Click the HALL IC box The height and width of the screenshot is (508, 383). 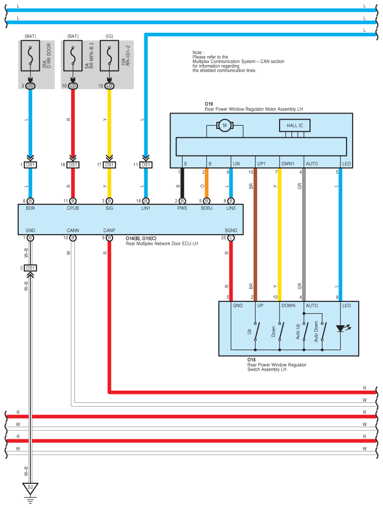pos(295,125)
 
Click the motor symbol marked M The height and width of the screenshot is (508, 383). pos(224,125)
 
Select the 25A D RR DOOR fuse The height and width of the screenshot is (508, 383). pos(30,56)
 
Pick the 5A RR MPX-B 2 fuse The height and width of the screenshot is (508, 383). pos(73,56)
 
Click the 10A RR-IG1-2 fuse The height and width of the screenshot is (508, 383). pos(110,56)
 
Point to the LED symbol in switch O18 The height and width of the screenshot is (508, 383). pos(340,329)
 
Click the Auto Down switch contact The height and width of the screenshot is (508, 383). pos(322,331)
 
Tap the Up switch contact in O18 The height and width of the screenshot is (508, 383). pos(256,331)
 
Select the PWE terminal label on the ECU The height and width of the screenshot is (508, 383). pos(182,208)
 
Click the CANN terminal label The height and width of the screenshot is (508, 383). pos(73,230)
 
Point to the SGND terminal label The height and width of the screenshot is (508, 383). pos(231,230)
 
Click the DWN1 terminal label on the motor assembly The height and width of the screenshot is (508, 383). pos(287,164)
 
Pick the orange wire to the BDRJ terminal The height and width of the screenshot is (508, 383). pos(206,183)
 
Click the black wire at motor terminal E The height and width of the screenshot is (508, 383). pos(182,183)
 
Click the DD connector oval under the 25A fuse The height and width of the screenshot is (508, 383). pos(30,86)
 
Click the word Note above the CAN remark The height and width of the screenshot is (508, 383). pos(197,52)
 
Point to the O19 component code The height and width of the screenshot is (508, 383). pos(209,104)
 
